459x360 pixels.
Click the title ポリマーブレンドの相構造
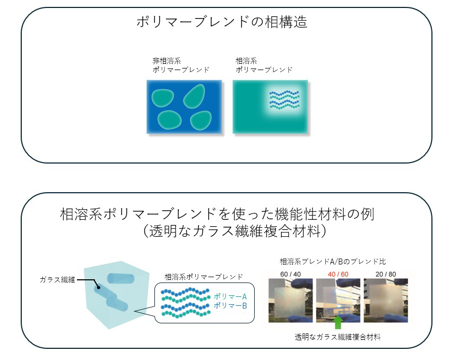[x=222, y=22]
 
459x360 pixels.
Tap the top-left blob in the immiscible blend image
[x=161, y=97]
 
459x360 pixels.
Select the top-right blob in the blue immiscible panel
[x=195, y=95]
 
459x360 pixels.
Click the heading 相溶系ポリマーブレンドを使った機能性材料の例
[x=218, y=215]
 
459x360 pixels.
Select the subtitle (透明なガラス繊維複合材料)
[x=233, y=232]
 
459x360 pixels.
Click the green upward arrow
[x=337, y=322]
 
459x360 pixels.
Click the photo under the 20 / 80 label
[x=386, y=301]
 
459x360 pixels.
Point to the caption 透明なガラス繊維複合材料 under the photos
[x=337, y=337]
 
